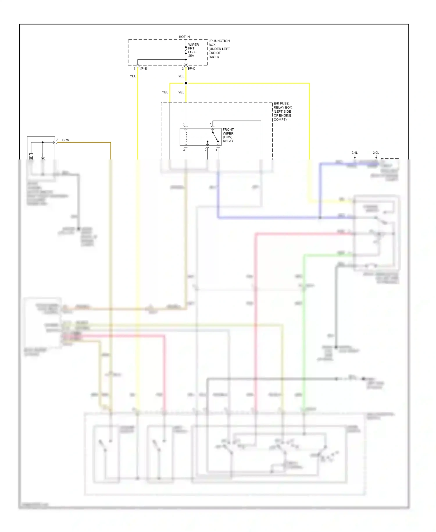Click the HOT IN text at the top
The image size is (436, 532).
coord(184,37)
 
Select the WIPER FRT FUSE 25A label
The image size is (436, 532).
coord(193,50)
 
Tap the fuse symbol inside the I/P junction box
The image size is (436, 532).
coord(186,50)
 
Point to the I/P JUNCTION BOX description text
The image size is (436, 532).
coord(219,49)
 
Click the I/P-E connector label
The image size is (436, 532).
coord(143,69)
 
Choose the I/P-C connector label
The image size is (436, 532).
coord(192,69)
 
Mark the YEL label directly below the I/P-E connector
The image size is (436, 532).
coord(133,76)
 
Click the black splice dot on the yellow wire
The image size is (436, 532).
coord(186,83)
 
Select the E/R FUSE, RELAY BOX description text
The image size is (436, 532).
coord(283,111)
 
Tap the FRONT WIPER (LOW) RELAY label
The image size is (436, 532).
coord(228,135)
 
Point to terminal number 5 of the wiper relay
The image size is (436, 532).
coord(183,124)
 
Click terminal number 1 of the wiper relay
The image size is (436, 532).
coord(211,124)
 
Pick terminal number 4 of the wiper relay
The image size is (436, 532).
coord(216,150)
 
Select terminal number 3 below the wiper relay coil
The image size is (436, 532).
coord(184,150)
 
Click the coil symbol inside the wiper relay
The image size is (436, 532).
coord(186,137)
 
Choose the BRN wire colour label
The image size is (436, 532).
coord(66,140)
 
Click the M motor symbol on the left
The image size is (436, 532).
coord(31,158)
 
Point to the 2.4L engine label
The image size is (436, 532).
coord(354,153)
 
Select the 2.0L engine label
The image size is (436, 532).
coord(376,153)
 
